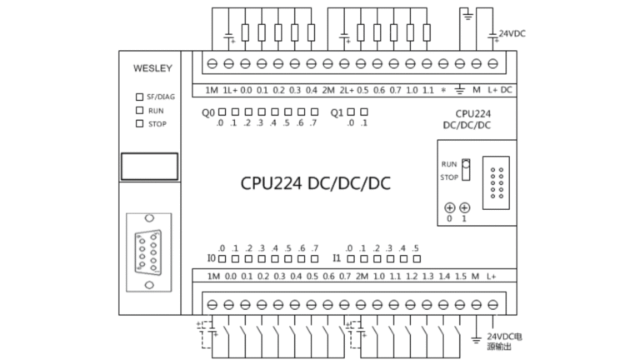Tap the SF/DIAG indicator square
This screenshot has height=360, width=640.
(139, 97)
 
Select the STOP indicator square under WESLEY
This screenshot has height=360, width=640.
(139, 123)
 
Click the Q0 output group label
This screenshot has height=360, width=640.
(208, 112)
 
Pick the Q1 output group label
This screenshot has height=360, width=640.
(337, 112)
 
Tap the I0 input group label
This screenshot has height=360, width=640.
(211, 257)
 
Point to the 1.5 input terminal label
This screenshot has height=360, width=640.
(460, 276)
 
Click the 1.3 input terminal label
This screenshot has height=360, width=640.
(427, 276)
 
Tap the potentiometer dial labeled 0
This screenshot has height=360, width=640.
(449, 207)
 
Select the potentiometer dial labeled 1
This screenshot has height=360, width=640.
(464, 207)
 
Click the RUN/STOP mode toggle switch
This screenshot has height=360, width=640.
(467, 169)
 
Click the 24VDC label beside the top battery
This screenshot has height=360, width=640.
(512, 35)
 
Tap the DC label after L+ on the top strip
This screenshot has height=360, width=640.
(506, 89)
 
